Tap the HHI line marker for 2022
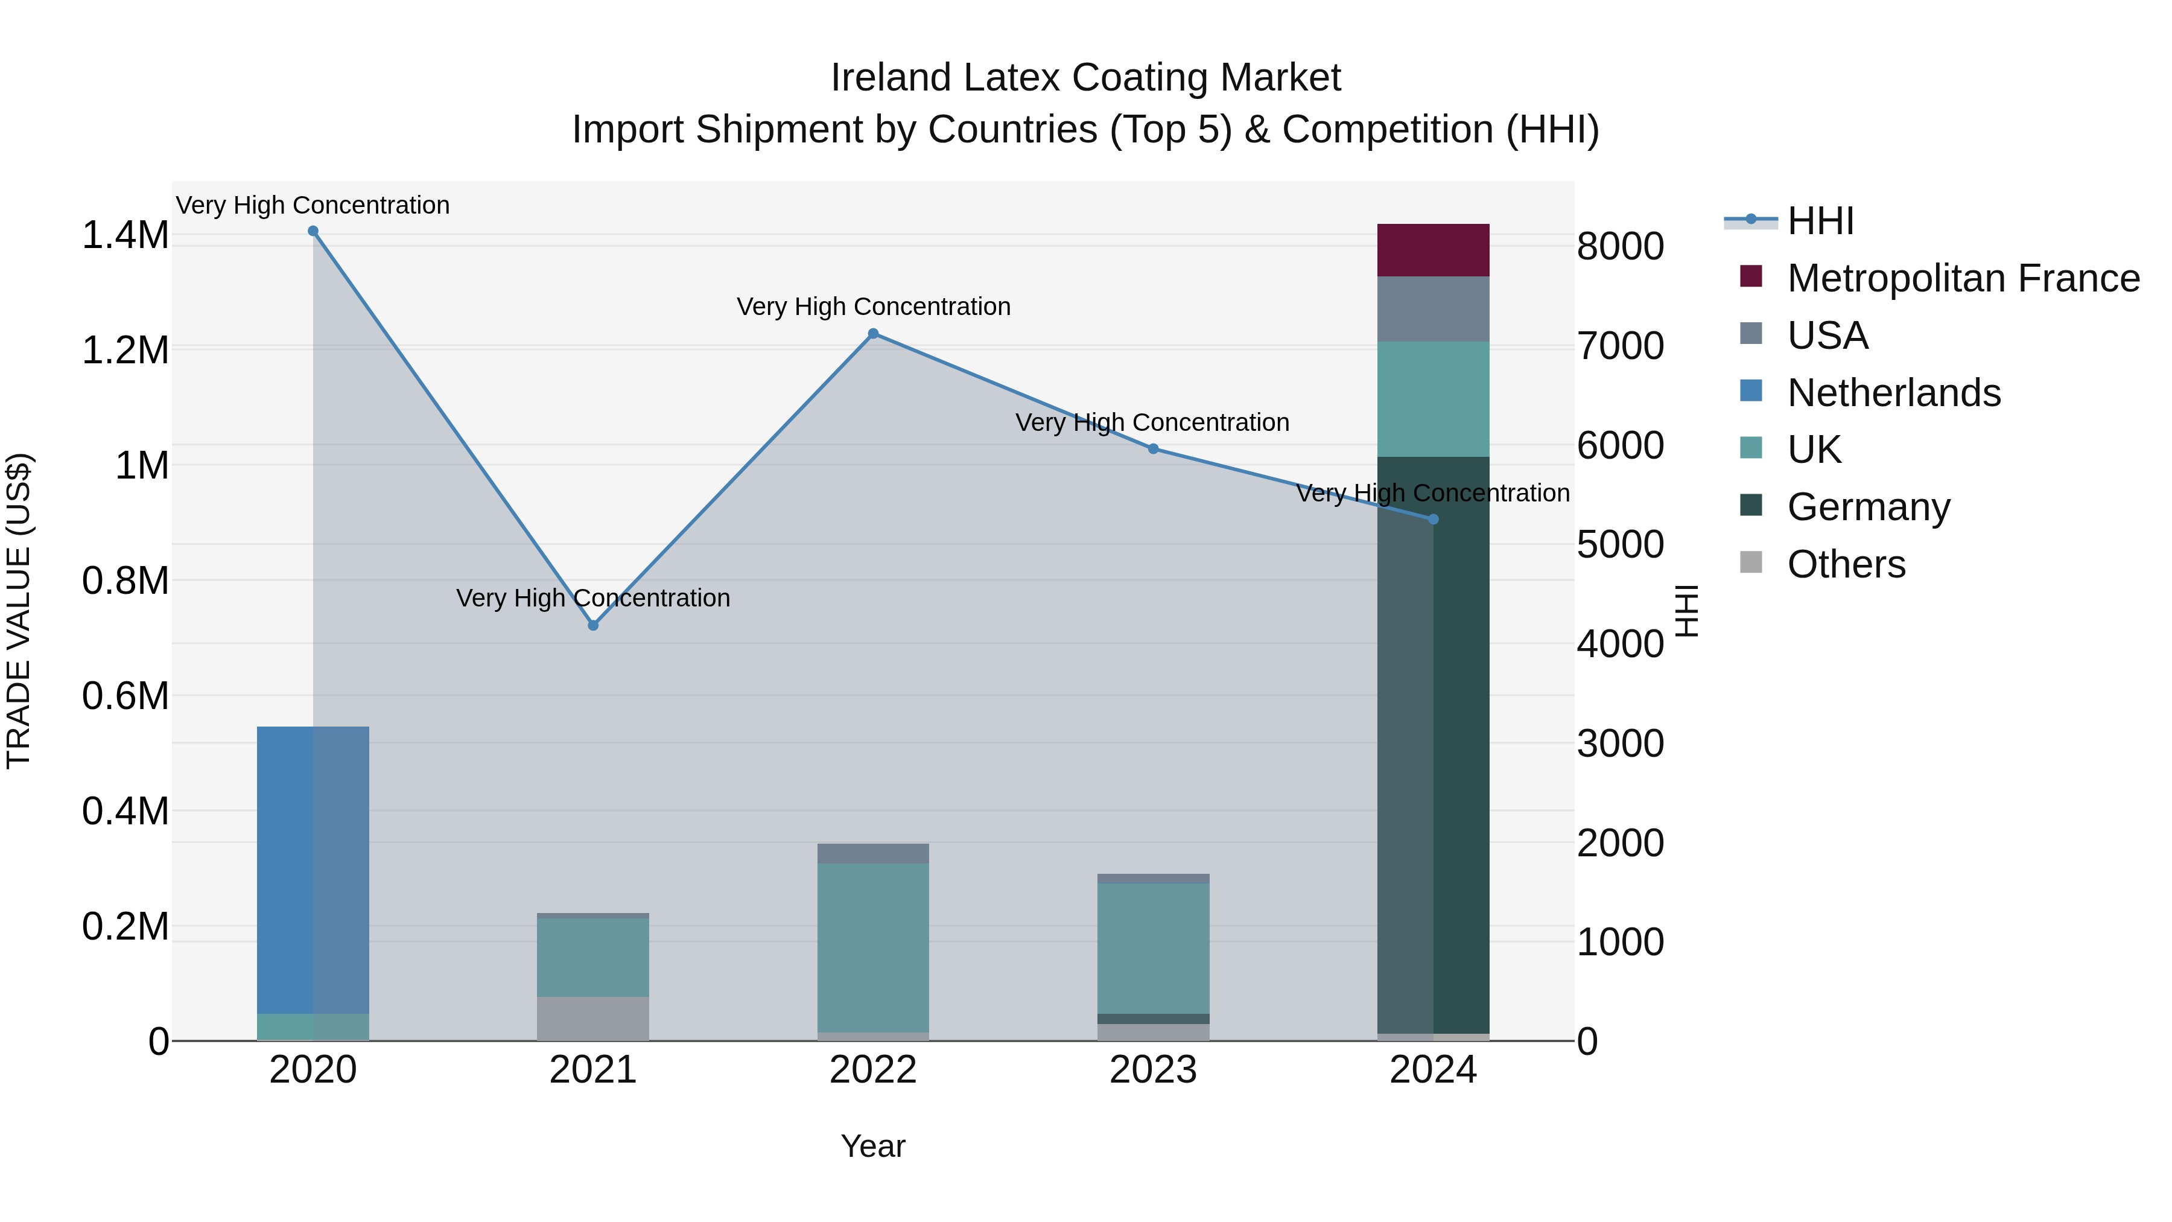pyautogui.click(x=874, y=334)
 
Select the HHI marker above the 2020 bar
pyautogui.click(x=313, y=231)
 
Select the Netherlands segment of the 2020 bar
pyautogui.click(x=313, y=868)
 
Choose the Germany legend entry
pyautogui.click(x=1867, y=507)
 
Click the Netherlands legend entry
pyautogui.click(x=1893, y=393)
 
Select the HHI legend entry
pyautogui.click(x=1820, y=221)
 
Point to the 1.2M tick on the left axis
pyautogui.click(x=125, y=350)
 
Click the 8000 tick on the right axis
pyautogui.click(x=1620, y=247)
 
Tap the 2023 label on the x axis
pyautogui.click(x=1152, y=1070)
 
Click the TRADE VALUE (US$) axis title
pyautogui.click(x=19, y=611)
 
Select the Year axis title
pyautogui.click(x=872, y=1146)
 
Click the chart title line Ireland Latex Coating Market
pyautogui.click(x=1085, y=78)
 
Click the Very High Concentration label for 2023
pyautogui.click(x=1152, y=422)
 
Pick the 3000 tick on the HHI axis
pyautogui.click(x=1620, y=744)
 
